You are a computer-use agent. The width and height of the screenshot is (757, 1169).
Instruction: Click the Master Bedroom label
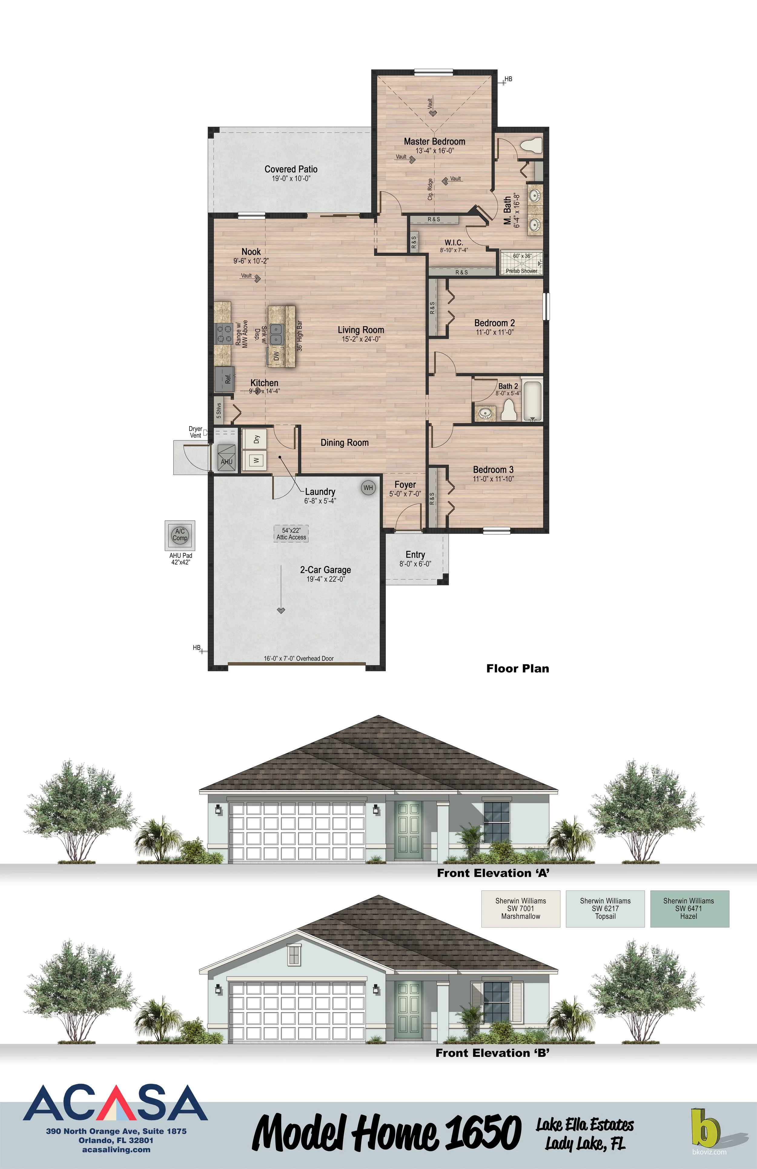pos(434,142)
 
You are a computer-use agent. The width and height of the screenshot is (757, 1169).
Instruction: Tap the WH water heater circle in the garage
pos(368,488)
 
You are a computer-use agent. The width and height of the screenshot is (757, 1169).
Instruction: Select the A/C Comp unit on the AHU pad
pos(180,535)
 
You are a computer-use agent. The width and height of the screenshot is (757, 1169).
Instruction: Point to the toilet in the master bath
pos(531,146)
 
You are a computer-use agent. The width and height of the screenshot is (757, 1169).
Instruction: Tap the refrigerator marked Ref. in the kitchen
pos(225,379)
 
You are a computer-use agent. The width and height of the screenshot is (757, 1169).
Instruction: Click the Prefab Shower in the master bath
pos(521,263)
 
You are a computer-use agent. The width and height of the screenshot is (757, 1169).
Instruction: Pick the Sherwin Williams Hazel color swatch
pos(689,909)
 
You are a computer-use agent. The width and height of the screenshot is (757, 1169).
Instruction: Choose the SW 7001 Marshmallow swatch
pos(521,909)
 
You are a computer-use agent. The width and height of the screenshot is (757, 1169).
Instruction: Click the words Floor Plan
pos(517,669)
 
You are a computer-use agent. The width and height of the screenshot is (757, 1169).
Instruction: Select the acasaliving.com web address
pos(117,1150)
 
